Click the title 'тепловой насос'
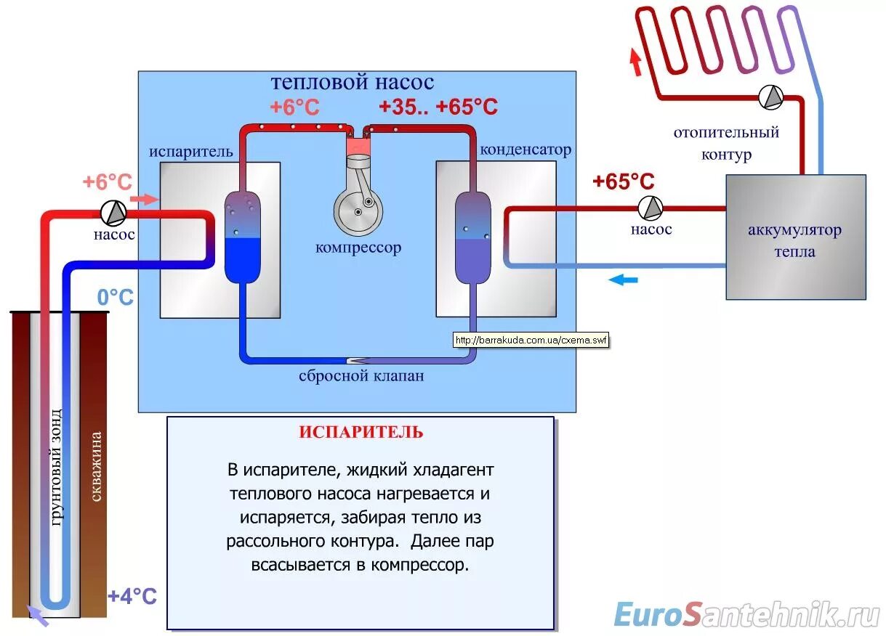click(353, 82)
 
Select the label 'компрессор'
click(358, 248)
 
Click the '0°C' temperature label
click(116, 297)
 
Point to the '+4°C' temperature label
click(132, 596)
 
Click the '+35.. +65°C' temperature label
click(438, 107)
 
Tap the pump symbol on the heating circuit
click(770, 97)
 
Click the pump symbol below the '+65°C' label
click(651, 208)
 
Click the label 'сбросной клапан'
click(361, 376)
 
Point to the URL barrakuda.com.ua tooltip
click(531, 340)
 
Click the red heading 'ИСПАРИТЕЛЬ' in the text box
click(361, 433)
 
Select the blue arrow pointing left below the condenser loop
click(623, 280)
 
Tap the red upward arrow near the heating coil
click(636, 62)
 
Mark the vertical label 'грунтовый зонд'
click(56, 465)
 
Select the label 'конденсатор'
click(525, 150)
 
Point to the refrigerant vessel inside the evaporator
click(241, 236)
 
